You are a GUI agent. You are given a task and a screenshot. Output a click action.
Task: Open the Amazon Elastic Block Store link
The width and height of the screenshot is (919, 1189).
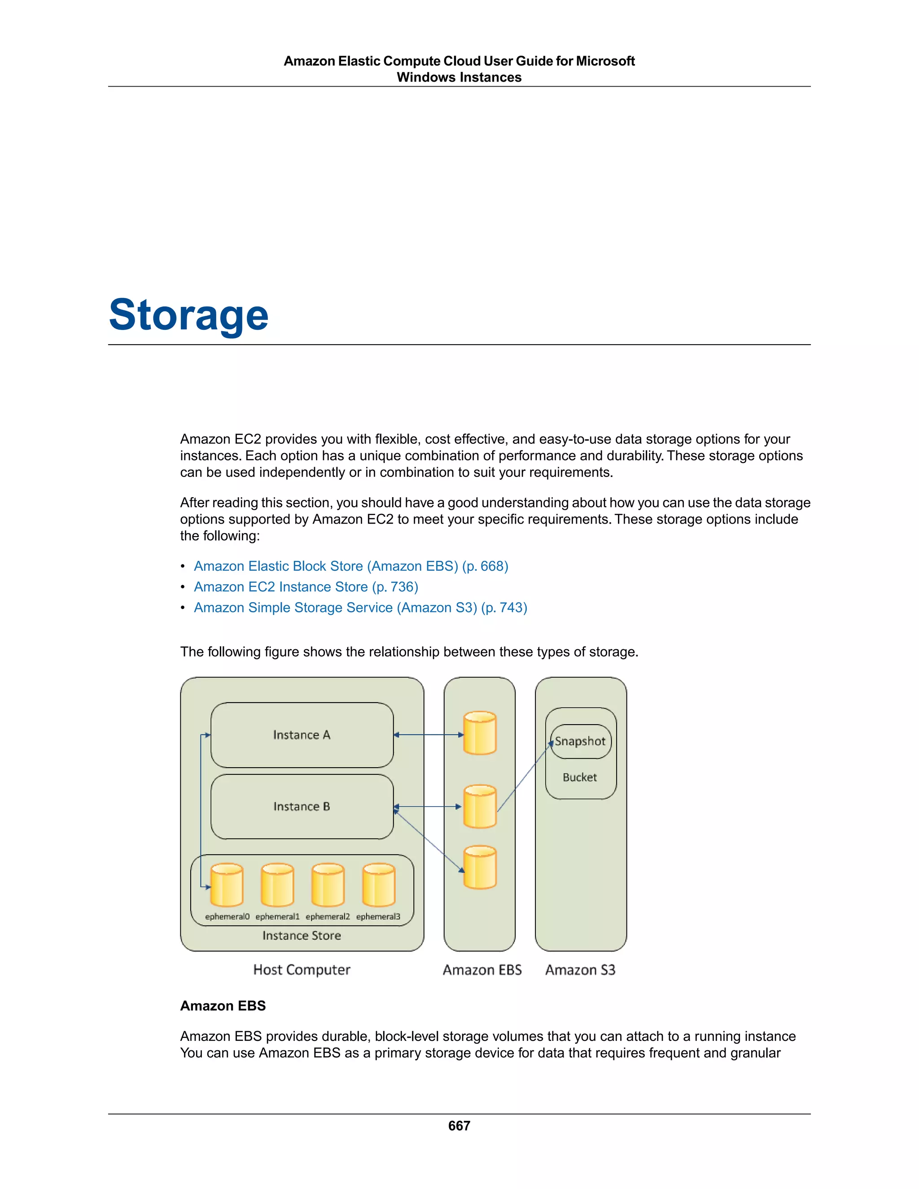coord(350,566)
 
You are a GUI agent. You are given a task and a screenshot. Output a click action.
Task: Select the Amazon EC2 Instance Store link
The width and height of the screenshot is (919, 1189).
coord(306,587)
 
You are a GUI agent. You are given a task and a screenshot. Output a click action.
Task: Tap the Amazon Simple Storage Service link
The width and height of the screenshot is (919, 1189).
coord(360,608)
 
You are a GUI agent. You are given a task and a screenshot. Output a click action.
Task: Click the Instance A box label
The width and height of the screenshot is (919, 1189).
coord(302,735)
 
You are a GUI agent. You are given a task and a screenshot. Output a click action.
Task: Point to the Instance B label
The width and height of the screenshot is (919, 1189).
coord(302,806)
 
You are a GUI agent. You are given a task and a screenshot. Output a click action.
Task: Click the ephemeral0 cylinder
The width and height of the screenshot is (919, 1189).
coord(227,885)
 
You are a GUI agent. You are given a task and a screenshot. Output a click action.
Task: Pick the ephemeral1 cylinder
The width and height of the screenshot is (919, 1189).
coord(277,885)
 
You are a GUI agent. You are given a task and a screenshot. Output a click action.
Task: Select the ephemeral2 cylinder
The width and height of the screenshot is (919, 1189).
coord(328,885)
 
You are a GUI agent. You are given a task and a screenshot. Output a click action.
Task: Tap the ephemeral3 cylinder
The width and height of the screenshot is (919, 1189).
coord(378,885)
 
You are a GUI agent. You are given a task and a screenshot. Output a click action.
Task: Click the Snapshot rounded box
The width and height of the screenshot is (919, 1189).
coord(580,742)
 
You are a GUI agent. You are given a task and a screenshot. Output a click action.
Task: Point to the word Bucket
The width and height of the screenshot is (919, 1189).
coord(580,778)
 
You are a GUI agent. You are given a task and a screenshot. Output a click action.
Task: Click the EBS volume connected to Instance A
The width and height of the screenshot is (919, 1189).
coord(480,733)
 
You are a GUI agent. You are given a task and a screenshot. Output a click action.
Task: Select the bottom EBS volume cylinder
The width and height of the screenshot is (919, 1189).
coord(480,867)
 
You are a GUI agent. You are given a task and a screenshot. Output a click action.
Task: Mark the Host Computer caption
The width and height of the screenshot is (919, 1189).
coord(302,970)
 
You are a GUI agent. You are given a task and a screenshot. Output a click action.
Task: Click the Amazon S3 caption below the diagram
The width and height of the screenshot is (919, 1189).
coord(580,970)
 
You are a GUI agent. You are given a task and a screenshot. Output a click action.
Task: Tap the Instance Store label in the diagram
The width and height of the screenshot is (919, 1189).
coord(302,935)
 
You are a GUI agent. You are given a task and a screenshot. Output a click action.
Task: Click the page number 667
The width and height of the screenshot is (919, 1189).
coord(459,1125)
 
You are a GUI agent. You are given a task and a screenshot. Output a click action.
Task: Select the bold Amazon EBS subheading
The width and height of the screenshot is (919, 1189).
coord(223,1005)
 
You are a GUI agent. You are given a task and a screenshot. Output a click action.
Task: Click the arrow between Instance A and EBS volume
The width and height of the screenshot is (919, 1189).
coord(429,735)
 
